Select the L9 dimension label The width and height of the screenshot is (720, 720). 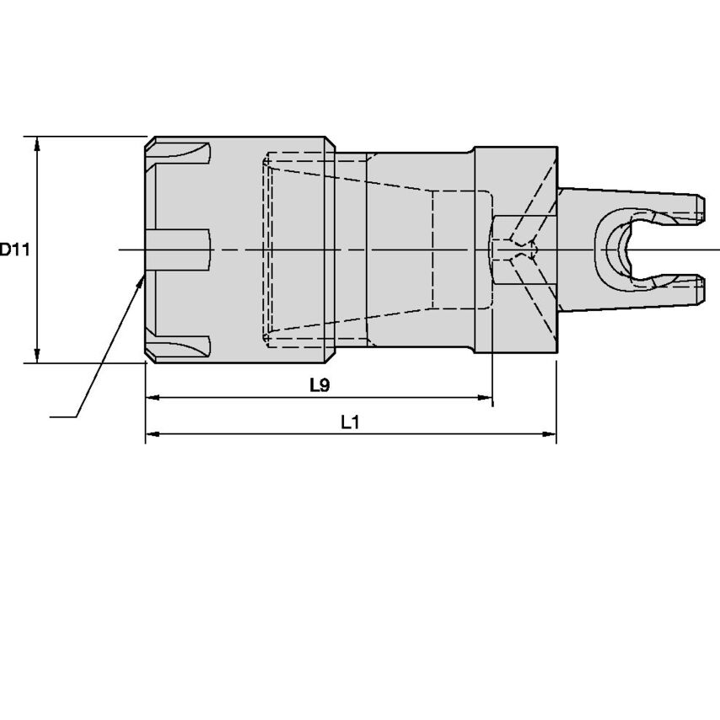[x=319, y=385]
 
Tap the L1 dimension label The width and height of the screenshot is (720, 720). [x=351, y=423]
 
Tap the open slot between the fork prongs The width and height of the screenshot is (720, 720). [x=674, y=250]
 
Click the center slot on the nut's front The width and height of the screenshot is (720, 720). [x=177, y=250]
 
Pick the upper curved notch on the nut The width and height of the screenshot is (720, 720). [x=181, y=155]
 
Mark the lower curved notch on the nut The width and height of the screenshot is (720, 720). [x=181, y=346]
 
